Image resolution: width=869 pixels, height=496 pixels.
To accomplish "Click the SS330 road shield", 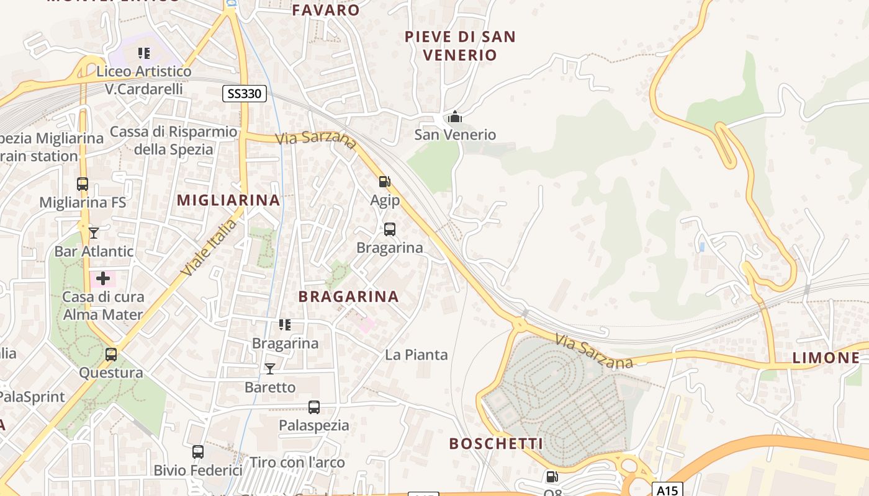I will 245,94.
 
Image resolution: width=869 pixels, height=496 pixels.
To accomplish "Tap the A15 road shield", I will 669,489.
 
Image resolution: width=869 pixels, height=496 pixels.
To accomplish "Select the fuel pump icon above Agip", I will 385,182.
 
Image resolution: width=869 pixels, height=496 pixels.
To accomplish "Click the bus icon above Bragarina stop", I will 390,229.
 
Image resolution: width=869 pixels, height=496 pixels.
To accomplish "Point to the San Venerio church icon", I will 455,117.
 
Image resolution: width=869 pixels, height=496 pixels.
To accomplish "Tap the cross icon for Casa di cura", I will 103,278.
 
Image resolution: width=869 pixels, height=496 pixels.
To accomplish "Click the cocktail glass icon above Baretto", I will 270,369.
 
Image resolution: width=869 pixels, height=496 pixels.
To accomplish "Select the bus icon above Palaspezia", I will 314,407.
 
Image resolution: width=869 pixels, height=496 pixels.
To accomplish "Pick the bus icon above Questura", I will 111,355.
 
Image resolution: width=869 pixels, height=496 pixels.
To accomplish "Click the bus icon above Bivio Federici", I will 198,452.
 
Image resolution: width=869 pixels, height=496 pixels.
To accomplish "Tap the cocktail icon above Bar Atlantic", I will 94,232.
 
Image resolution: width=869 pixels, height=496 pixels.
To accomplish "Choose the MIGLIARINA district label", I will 228,200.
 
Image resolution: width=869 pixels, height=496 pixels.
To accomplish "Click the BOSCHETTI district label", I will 496,444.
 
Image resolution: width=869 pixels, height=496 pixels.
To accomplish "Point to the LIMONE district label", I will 826,358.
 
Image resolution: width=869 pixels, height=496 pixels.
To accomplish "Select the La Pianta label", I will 416,355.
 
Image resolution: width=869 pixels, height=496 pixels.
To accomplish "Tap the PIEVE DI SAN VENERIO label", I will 460,46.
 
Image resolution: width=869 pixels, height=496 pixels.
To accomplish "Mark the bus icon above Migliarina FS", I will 83,184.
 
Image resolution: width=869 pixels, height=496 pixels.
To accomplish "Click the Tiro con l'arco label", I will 297,463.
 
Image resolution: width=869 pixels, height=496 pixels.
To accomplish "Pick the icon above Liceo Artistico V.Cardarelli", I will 144,53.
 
